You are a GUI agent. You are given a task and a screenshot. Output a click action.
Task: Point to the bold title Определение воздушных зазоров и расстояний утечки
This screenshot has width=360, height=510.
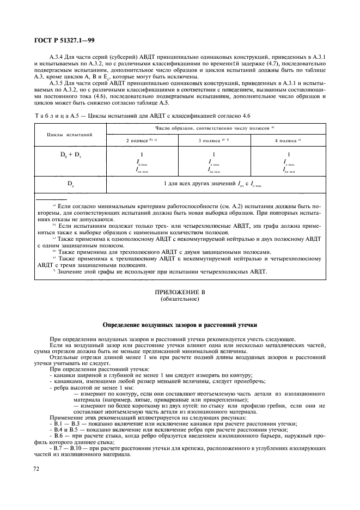180,324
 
